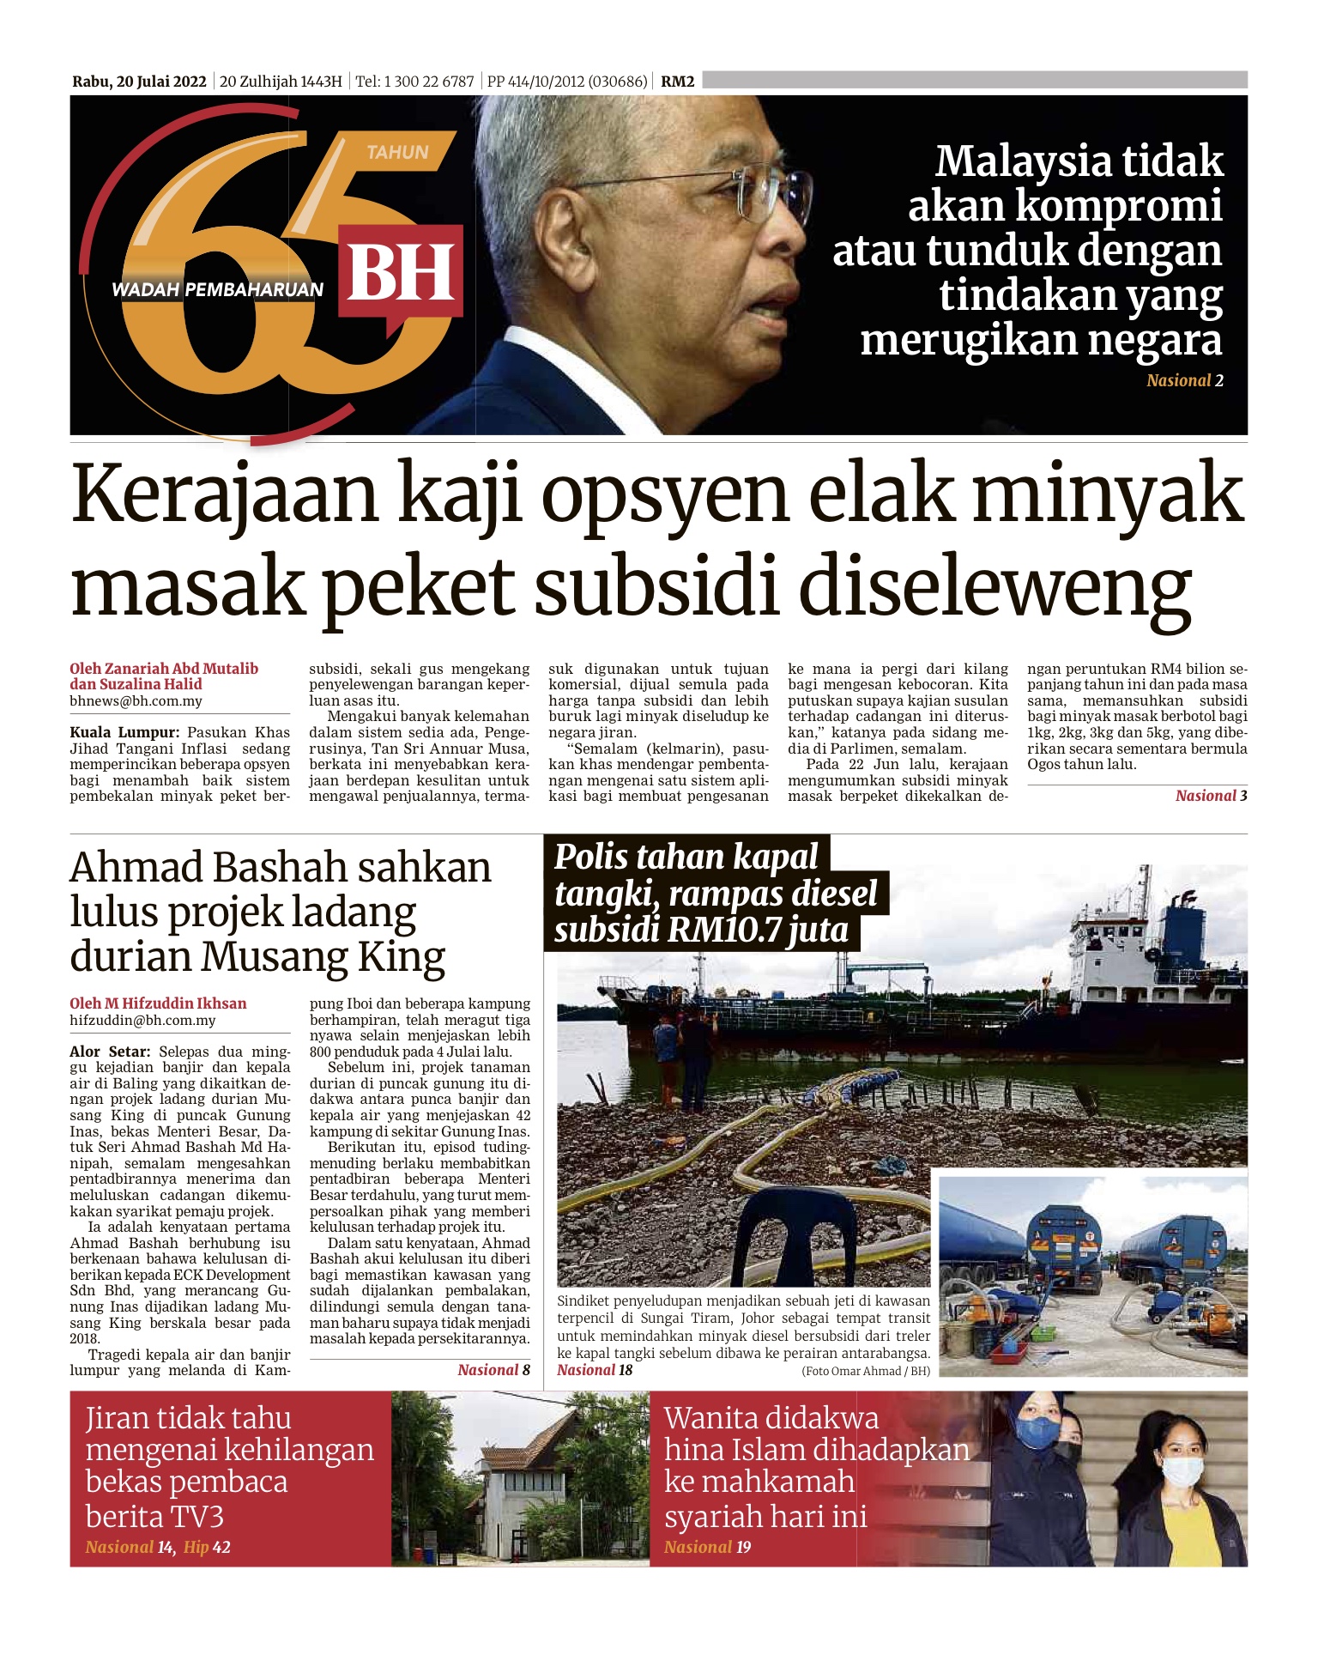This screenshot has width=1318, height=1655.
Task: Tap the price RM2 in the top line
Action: [x=677, y=82]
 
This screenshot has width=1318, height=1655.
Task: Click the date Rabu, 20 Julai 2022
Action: [x=139, y=82]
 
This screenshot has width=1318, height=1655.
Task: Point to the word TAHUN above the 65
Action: [x=397, y=153]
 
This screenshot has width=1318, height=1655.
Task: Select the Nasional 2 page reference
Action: [x=1184, y=381]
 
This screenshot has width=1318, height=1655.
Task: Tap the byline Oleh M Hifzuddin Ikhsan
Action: [x=158, y=1003]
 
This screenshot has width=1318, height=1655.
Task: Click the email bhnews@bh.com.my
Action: [x=136, y=701]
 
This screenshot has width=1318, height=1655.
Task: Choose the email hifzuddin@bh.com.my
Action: [x=142, y=1021]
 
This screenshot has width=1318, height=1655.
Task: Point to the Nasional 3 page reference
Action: [x=1211, y=796]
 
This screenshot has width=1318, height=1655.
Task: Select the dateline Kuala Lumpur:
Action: [x=124, y=733]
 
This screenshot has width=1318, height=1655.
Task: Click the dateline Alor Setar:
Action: [x=110, y=1052]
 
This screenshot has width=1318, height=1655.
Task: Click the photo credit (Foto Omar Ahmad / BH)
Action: [x=866, y=1371]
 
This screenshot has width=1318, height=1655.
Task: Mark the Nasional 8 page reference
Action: [x=493, y=1370]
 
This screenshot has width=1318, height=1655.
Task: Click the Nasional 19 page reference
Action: [x=707, y=1548]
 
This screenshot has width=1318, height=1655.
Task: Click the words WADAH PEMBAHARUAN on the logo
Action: [x=217, y=290]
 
